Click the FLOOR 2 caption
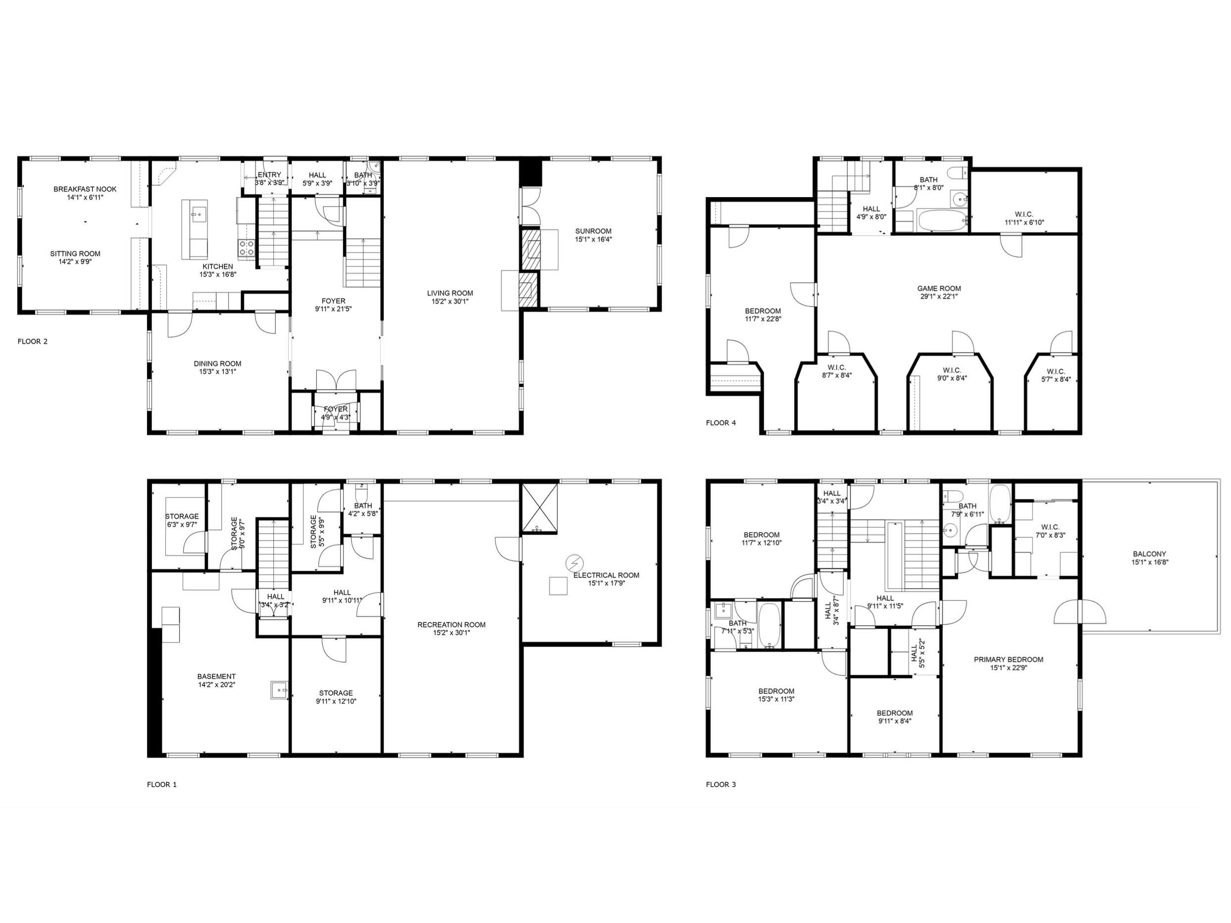(33, 342)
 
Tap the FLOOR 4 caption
(720, 423)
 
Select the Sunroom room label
(593, 231)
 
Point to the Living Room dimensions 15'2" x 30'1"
(450, 302)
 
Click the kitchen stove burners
(247, 248)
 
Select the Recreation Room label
(451, 625)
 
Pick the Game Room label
(939, 288)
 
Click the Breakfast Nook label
(85, 189)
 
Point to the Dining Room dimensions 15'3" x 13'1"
(217, 372)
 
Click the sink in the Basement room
(279, 690)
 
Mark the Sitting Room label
(75, 254)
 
